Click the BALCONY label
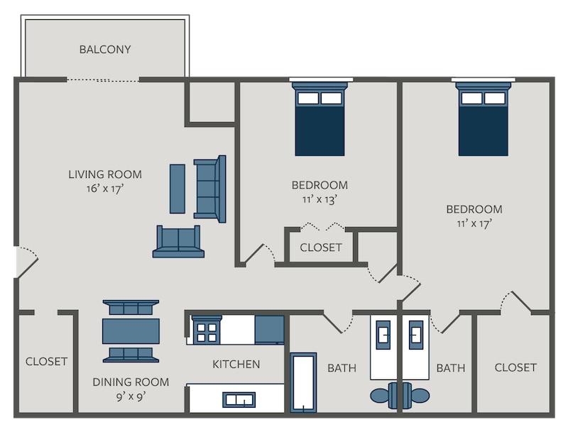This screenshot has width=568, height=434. coord(105,49)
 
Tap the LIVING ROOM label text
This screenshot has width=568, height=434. coord(105,174)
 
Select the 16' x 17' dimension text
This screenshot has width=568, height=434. coord(105,189)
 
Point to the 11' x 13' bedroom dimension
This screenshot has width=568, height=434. coord(320,199)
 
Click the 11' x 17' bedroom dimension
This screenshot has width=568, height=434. coord(474,223)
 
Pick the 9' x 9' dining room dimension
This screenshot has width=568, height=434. coord(131,396)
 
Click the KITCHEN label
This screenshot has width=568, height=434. coord(236,365)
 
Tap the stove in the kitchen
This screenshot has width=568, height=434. coord(207,330)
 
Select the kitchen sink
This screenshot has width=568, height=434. coord(239,400)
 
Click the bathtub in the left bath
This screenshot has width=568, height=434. coord(303,383)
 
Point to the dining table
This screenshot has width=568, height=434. coord(131,331)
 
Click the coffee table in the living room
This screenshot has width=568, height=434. coord(177,189)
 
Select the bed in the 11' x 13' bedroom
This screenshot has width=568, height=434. coord(320,119)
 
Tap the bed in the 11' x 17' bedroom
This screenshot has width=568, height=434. coord(484,119)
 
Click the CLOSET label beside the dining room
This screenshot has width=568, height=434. coord(46,361)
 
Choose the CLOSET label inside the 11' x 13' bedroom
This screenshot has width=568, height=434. coord(321,247)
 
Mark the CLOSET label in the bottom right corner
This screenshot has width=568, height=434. coord(515,367)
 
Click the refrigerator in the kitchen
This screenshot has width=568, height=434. coord(269,330)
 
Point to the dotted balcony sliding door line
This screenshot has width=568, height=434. coord(103,80)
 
